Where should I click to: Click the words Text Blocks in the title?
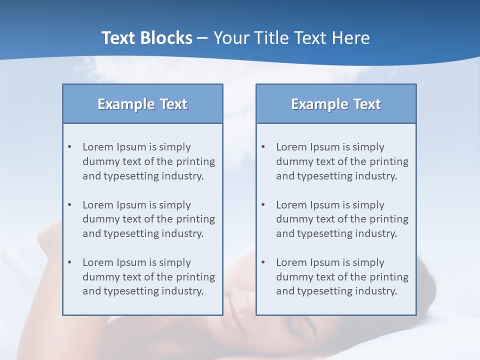pyautogui.click(x=146, y=38)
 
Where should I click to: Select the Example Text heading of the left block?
pyautogui.click(x=142, y=104)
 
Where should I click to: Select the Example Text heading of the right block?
pyautogui.click(x=336, y=104)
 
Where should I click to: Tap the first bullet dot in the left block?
pyautogui.click(x=69, y=147)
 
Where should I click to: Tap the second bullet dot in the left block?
pyautogui.click(x=69, y=205)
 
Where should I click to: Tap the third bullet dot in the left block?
pyautogui.click(x=69, y=262)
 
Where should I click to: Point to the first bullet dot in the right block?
pyautogui.click(x=263, y=147)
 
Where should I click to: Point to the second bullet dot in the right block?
pyautogui.click(x=263, y=205)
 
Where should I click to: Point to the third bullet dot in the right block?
pyautogui.click(x=263, y=262)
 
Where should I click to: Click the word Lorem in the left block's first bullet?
pyautogui.click(x=97, y=147)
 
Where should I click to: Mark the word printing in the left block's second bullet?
pyautogui.click(x=196, y=219)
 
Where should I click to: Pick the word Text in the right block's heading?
pyautogui.click(x=367, y=104)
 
